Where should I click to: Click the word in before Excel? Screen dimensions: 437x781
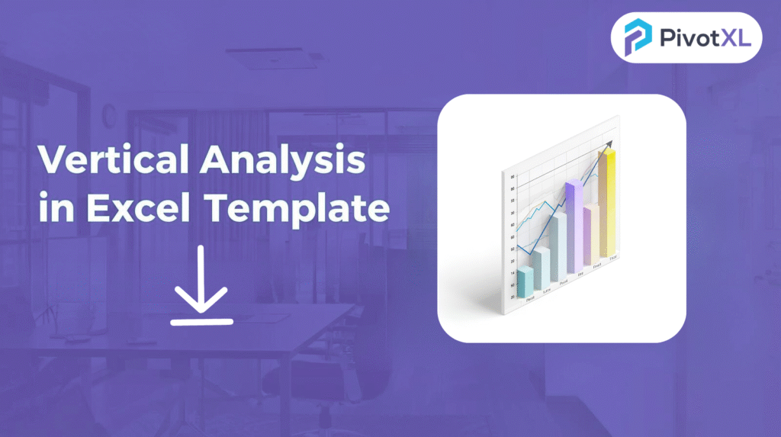[55, 207]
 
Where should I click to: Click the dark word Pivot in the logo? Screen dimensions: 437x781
[681, 37]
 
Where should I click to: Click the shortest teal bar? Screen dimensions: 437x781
[525, 283]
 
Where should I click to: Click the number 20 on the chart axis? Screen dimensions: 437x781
[512, 296]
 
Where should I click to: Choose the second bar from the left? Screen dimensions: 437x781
[542, 268]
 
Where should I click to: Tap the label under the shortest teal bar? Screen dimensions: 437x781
[529, 300]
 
